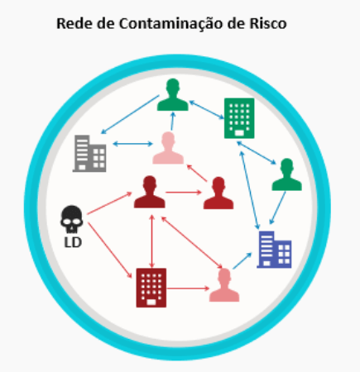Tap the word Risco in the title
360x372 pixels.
pyautogui.click(x=268, y=23)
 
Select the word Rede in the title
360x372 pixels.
pyautogui.click(x=74, y=23)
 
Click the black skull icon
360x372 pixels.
pyautogui.click(x=71, y=219)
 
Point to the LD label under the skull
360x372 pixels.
pyautogui.click(x=73, y=242)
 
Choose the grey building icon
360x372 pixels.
pyautogui.click(x=89, y=154)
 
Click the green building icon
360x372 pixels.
pyautogui.click(x=239, y=118)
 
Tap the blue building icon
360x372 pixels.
pyautogui.click(x=274, y=250)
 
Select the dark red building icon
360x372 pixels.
pyautogui.click(x=151, y=288)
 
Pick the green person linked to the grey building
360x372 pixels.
pyautogui.click(x=173, y=94)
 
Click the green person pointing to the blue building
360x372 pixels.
pyautogui.click(x=286, y=174)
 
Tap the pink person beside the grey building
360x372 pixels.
pyautogui.click(x=168, y=148)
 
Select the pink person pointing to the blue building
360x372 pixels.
pyautogui.click(x=224, y=285)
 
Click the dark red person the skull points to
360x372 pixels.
pyautogui.click(x=150, y=192)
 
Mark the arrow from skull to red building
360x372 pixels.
pyautogui.click(x=110, y=250)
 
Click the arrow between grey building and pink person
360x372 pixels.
pyautogui.click(x=132, y=144)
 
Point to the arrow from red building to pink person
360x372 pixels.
pyautogui.click(x=188, y=289)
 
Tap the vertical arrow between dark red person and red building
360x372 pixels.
pyautogui.click(x=151, y=241)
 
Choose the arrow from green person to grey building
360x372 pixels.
pyautogui.click(x=130, y=114)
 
